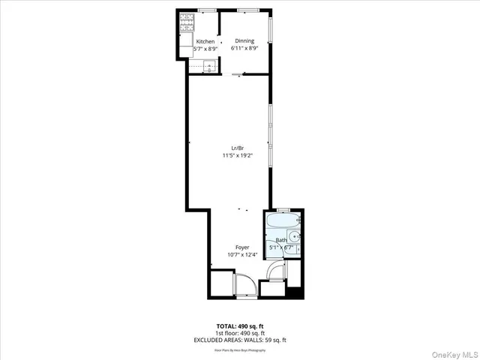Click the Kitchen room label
coord(205,41)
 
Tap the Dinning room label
coord(244,40)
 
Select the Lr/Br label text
coord(237,148)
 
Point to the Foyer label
coord(242,247)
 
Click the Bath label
coord(280,241)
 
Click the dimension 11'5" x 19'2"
coord(237,156)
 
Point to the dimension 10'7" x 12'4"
coord(242,254)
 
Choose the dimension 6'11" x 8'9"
coord(244,48)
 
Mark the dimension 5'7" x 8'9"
coord(205,49)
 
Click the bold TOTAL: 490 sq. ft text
coord(240,325)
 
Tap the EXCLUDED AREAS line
coord(240,340)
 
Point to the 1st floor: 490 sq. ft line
coord(240,333)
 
